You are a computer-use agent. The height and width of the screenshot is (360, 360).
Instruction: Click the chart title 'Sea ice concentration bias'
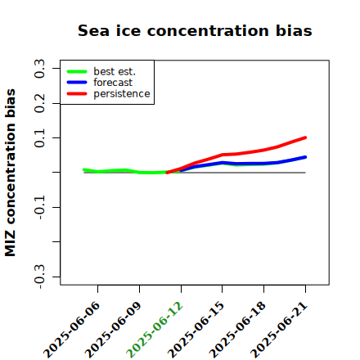(195, 30)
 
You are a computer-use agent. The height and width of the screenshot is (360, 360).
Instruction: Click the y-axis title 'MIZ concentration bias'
(11, 173)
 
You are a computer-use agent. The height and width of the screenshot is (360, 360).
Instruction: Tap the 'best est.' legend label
(115, 71)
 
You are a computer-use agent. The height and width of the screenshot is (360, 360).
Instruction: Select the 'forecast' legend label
(113, 83)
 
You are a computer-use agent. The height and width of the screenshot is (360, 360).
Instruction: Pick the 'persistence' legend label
(122, 94)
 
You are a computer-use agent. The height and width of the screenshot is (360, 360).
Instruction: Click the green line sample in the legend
(77, 71)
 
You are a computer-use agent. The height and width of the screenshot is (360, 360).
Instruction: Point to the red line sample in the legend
(77, 94)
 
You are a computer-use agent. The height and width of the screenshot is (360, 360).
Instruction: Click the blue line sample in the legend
(77, 83)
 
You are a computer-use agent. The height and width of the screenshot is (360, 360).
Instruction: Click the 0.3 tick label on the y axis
(39, 69)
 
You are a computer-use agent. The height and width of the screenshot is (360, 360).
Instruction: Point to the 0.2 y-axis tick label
(39, 103)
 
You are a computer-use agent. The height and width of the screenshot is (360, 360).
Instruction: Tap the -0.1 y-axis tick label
(39, 207)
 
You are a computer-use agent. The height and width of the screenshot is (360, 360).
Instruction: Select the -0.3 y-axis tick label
(39, 277)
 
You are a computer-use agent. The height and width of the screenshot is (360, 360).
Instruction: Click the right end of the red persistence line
(305, 137)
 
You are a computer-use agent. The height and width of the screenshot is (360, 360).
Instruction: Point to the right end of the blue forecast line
(305, 157)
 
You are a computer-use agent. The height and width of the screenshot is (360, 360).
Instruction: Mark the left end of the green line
(84, 169)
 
